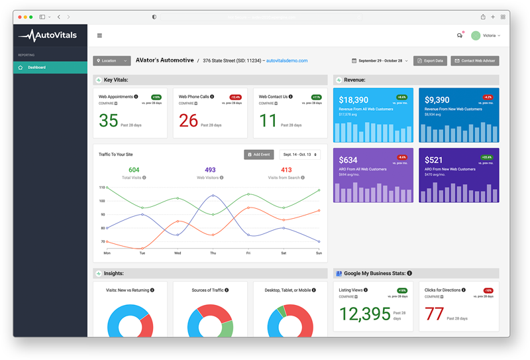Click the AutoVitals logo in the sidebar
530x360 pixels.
pos(49,36)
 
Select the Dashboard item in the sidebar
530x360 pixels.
pos(36,68)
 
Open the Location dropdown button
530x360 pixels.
pos(111,61)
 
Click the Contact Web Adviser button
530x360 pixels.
pos(474,61)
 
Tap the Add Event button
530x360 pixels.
pos(258,154)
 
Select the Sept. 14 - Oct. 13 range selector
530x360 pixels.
pos(299,154)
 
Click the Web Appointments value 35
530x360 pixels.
pos(109,121)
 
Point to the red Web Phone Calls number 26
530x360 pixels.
pos(188,121)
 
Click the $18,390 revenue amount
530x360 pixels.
pos(354,100)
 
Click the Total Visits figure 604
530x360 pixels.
pos(134,170)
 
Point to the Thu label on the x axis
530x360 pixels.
pos(213,253)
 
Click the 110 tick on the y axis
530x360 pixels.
pos(103,188)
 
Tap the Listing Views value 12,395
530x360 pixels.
pos(365,314)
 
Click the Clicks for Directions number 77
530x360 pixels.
pos(434,314)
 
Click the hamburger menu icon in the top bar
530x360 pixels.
pos(99,36)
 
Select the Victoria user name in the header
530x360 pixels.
pos(490,36)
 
